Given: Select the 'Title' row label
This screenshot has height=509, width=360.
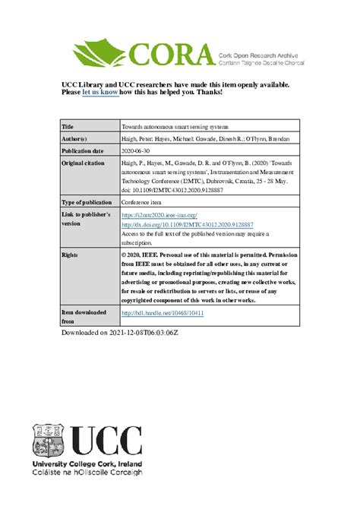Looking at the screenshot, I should click(x=67, y=126).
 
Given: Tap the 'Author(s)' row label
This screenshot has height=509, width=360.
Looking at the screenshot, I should click(x=74, y=139).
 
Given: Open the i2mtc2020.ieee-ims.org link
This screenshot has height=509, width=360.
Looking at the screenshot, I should click(x=158, y=216).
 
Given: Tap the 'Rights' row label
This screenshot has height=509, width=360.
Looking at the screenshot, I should click(x=70, y=254).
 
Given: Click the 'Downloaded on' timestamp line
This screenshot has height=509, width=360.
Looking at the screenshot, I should click(x=125, y=333).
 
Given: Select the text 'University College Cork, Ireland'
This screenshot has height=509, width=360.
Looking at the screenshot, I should click(x=85, y=463).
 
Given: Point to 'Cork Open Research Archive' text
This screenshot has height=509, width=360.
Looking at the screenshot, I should click(x=256, y=48).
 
